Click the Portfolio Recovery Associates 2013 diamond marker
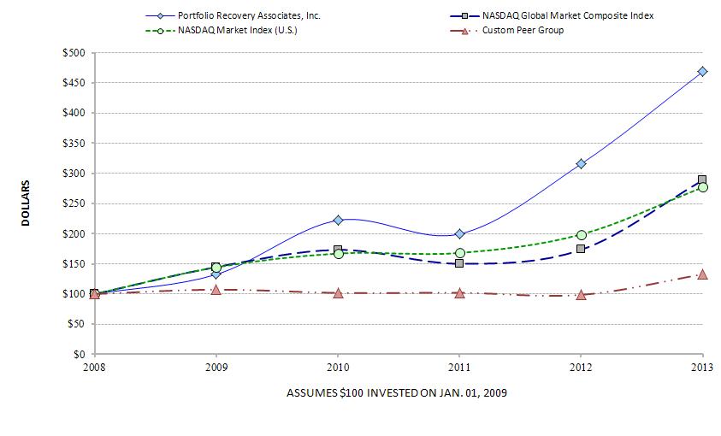coord(702,72)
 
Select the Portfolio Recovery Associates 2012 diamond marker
coord(581,163)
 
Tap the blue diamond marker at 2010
coord(338,220)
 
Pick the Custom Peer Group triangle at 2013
coord(702,274)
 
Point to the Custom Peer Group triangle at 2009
coord(216,290)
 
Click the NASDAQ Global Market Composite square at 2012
coord(581,249)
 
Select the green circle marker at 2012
coord(581,235)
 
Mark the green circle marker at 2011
coord(459,253)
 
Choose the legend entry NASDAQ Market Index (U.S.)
coord(242,31)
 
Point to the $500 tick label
coord(73,53)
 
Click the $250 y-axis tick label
coord(73,203)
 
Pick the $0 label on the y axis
coord(79,354)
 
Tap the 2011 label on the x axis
coord(459,368)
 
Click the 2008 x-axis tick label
coord(95,368)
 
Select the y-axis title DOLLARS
coord(26,203)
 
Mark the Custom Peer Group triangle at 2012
coord(581,295)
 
